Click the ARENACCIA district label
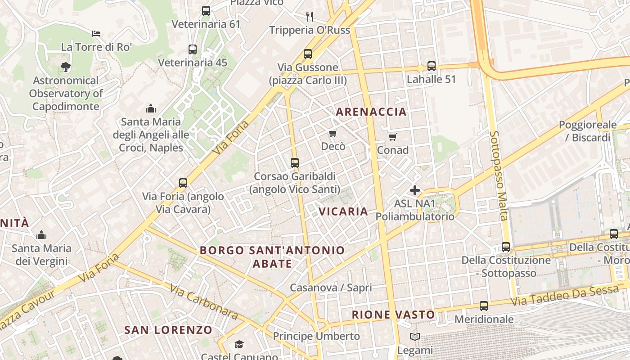[371, 112]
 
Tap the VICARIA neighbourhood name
[343, 211]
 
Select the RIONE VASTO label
[393, 315]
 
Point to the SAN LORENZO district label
[168, 330]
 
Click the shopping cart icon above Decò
[333, 133]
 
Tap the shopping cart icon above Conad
[393, 137]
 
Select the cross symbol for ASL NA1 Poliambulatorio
[415, 190]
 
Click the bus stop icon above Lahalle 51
[432, 66]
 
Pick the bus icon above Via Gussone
[308, 54]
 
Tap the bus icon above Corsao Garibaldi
[295, 163]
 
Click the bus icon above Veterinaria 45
[193, 49]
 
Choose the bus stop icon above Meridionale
[484, 306]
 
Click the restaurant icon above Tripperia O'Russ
[310, 17]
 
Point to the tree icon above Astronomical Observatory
[66, 67]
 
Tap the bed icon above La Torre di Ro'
[96, 34]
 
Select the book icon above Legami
[415, 337]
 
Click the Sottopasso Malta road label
[499, 175]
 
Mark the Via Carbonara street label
[204, 301]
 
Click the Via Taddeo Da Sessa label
[565, 296]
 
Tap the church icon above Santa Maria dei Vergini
[41, 235]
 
